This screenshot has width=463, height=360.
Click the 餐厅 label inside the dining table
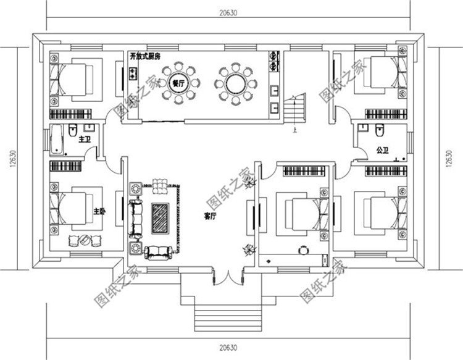(x=178, y=84)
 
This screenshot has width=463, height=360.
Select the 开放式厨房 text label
(x=146, y=56)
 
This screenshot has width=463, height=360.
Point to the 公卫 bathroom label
(x=382, y=150)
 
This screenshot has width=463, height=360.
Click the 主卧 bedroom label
(x=99, y=212)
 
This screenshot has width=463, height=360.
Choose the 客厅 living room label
(x=211, y=217)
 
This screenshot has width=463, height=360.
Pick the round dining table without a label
(x=235, y=83)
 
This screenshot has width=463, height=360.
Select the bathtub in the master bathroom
(x=57, y=139)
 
